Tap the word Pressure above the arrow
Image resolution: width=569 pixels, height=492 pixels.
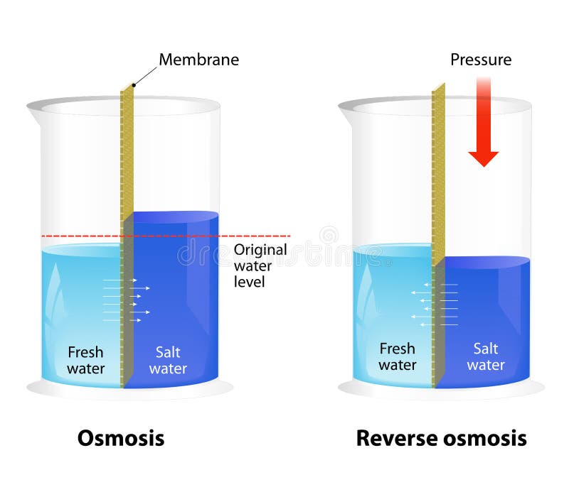[481, 60]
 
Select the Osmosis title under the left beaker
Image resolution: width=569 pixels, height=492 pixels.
[121, 438]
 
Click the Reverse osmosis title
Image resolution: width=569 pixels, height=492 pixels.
[441, 438]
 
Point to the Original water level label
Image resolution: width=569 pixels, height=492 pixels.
[260, 266]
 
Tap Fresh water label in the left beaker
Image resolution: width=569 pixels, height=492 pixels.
[86, 360]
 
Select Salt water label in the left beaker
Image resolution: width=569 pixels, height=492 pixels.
[168, 360]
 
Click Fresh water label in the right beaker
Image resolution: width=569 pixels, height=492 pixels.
[397, 357]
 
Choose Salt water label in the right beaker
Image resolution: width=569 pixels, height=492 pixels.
[486, 357]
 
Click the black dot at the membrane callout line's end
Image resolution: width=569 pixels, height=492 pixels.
[133, 86]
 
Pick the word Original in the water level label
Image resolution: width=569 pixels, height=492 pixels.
[260, 250]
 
